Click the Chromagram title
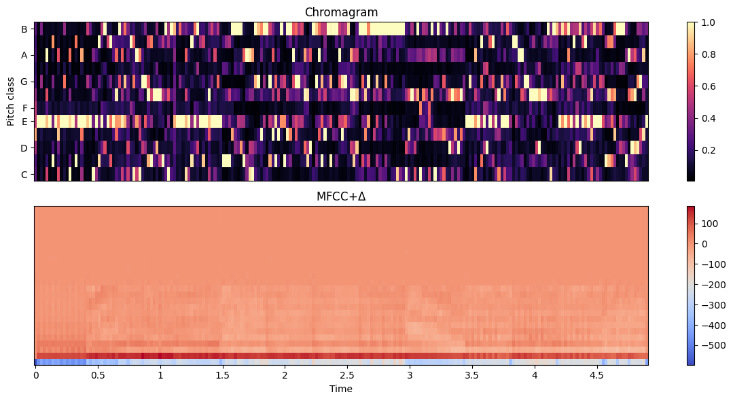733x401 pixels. (341, 12)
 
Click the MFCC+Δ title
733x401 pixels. (341, 196)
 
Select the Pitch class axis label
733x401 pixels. (11, 101)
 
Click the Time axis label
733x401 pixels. (341, 389)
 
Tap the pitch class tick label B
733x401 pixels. (24, 29)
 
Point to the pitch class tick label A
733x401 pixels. (24, 56)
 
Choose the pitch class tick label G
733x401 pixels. (24, 82)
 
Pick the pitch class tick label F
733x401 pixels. (24, 108)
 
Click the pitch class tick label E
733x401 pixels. (24, 122)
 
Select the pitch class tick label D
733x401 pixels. (24, 147)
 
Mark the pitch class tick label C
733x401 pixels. (24, 174)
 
